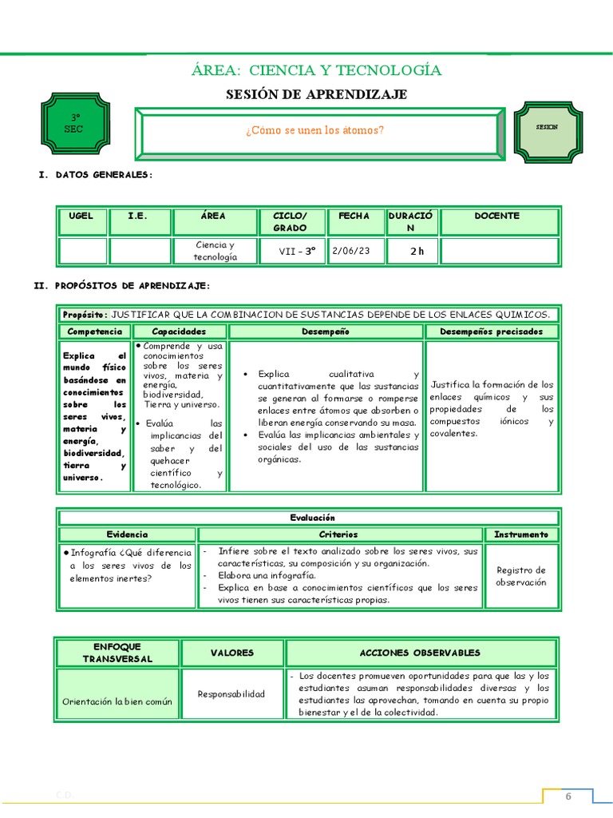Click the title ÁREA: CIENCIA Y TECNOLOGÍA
pos(316,70)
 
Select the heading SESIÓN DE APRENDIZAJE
pos(316,94)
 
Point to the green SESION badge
pos(547,127)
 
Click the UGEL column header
pos(81,216)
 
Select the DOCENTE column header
pos(496,216)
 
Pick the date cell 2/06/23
pos(351,251)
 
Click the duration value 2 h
pos(417,251)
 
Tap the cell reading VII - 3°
pos(297,251)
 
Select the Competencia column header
pos(95,331)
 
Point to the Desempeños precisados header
pos(491,331)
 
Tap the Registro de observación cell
pos(520,576)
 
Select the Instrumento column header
pos(520,534)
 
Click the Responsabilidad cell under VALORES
pos(231,693)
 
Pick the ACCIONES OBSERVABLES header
pos(420,653)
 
